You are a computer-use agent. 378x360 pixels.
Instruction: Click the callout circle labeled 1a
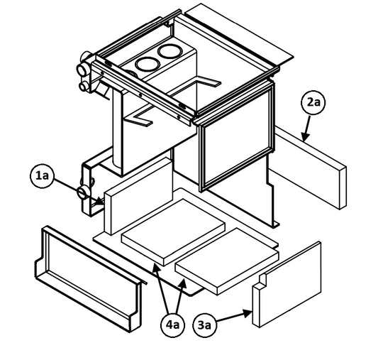(x=42, y=176)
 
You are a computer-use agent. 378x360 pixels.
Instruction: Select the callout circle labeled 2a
(x=313, y=102)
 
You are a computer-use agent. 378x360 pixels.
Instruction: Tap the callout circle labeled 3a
(x=205, y=325)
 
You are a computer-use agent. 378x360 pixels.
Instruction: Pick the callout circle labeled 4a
(x=172, y=325)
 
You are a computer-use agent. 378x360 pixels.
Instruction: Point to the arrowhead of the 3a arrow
(x=248, y=314)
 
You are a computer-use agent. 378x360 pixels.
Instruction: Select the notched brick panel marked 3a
(x=287, y=285)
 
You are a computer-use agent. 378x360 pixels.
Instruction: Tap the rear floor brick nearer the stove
(x=173, y=231)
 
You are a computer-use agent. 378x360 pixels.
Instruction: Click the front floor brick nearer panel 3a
(x=227, y=261)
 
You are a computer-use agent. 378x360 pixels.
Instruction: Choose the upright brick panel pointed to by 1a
(x=138, y=195)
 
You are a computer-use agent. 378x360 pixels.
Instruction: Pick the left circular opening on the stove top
(x=148, y=64)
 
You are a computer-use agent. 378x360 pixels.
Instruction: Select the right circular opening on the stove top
(x=169, y=51)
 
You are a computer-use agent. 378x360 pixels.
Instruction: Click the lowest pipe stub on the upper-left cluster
(x=84, y=87)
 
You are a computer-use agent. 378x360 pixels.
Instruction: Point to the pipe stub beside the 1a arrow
(x=84, y=192)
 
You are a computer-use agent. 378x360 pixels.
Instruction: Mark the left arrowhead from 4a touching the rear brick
(x=156, y=268)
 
